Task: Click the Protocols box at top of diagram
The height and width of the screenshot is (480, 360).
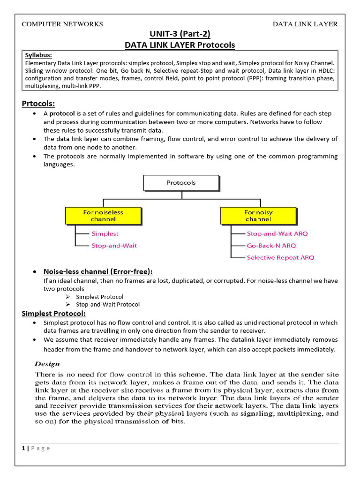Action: tap(181, 183)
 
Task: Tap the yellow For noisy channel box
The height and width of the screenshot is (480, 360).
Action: tap(258, 216)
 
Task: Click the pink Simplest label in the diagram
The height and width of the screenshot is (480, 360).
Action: tap(105, 233)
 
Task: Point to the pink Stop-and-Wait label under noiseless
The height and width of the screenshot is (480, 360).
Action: tap(114, 245)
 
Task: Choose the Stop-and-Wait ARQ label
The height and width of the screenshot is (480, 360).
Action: tap(277, 233)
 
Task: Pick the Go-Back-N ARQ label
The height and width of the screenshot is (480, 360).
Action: tap(271, 245)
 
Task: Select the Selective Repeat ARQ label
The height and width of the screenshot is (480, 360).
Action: tap(280, 257)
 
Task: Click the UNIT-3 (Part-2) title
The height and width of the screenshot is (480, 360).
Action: tap(180, 34)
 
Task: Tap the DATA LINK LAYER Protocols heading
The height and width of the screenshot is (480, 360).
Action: tap(180, 45)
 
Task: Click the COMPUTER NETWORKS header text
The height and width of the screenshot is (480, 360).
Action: tap(62, 24)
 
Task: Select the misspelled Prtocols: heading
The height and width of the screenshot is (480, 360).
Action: tap(38, 103)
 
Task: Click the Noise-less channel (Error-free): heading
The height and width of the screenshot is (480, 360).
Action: tap(98, 271)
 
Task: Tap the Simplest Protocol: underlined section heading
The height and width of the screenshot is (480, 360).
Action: tap(54, 313)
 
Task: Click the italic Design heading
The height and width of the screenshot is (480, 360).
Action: tap(48, 364)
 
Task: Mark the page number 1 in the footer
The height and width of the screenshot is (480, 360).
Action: tap(23, 448)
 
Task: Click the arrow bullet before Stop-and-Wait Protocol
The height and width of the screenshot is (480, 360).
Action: tap(67, 305)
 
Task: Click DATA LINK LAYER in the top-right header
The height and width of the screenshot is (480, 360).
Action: tap(305, 24)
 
